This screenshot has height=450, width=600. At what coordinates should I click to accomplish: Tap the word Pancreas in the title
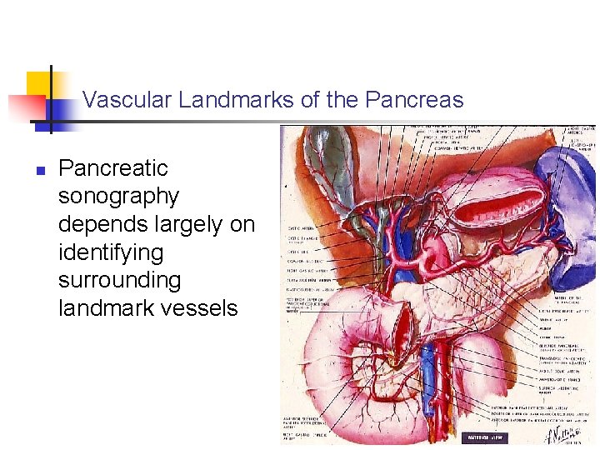pos(413,101)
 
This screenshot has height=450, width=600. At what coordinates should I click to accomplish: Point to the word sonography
pos(119,197)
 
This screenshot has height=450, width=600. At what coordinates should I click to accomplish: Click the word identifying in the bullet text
pos(111,252)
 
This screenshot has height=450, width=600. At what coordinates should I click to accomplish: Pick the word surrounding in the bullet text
pos(119,280)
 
